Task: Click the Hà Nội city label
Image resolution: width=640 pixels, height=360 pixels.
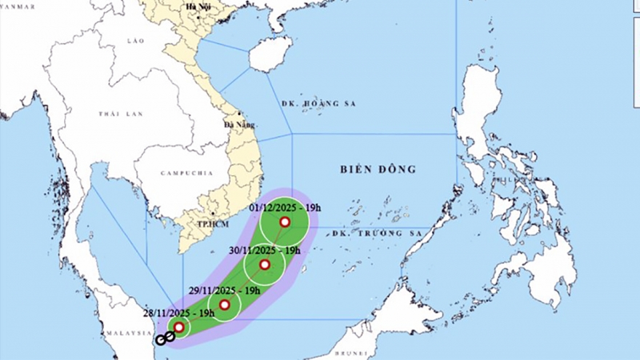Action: (197, 7)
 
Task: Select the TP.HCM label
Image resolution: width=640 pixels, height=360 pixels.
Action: (212, 223)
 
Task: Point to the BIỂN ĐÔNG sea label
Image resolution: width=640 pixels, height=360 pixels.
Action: (377, 169)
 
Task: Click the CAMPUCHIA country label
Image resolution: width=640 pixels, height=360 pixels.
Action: (185, 174)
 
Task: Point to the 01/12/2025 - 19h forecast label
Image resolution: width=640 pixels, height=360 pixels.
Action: (284, 207)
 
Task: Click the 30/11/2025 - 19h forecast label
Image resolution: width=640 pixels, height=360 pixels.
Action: (264, 251)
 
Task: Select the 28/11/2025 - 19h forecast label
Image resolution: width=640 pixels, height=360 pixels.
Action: (178, 313)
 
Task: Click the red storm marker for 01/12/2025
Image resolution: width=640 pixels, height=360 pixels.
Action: (284, 222)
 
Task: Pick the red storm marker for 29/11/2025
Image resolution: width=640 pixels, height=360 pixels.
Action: (225, 305)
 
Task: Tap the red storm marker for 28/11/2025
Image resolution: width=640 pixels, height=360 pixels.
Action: (178, 327)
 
